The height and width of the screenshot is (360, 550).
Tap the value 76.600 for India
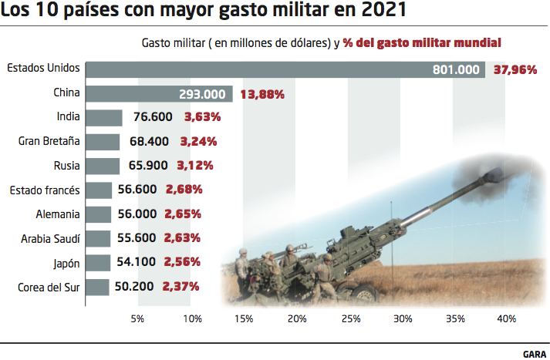[x=151, y=118]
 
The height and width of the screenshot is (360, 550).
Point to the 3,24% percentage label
[x=197, y=142]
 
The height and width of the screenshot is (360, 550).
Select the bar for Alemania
[x=97, y=214]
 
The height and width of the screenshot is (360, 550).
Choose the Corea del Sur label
[x=49, y=287]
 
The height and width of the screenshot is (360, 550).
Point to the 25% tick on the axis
[x=350, y=319]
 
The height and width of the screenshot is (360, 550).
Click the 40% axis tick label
[x=507, y=319]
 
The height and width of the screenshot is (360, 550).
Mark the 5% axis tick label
[x=138, y=319]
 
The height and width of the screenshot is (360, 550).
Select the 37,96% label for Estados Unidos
[x=515, y=70]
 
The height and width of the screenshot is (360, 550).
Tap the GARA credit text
[x=534, y=352]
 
